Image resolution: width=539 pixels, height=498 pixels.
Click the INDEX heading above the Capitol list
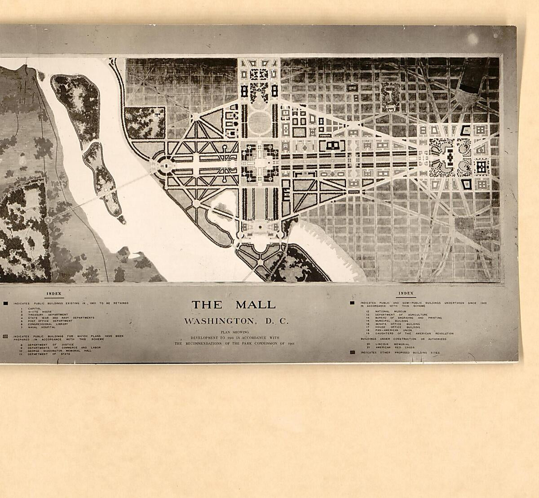54,294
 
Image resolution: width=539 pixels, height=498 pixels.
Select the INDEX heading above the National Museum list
406,293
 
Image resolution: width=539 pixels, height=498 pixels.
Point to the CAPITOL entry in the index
35,308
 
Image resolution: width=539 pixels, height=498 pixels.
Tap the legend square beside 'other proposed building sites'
352,353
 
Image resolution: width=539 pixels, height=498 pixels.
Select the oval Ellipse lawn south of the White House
259,122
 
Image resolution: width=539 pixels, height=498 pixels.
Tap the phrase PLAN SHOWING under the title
234,332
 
